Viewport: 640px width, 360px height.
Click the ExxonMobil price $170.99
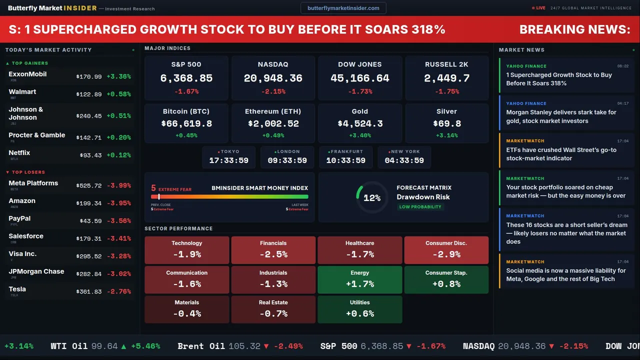coord(89,77)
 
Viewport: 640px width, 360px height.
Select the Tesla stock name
coord(17,289)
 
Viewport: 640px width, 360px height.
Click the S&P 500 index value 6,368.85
coord(186,78)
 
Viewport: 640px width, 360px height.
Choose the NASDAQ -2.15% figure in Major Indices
coord(273,91)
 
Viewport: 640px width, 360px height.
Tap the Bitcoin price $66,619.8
coord(186,123)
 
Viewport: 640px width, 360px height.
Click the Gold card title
coord(360,111)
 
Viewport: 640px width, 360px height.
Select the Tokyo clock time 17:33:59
coord(228,160)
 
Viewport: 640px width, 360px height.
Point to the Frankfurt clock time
coord(346,160)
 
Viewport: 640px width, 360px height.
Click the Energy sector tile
coord(360,279)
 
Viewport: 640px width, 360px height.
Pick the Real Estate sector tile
coord(273,309)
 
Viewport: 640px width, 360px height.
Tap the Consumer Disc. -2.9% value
coord(446,254)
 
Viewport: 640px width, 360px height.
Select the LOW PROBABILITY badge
coord(420,207)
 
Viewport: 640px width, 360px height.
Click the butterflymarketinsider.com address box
coord(343,8)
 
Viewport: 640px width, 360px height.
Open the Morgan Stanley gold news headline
coord(561,116)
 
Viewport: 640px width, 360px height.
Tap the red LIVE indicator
coord(539,8)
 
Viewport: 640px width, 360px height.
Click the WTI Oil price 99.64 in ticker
coord(104,346)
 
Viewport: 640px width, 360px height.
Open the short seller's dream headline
coord(566,233)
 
